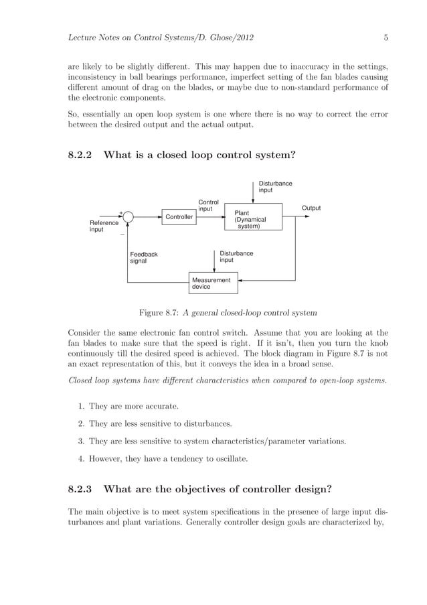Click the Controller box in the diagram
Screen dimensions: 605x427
[x=179, y=217]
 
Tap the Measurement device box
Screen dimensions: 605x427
[x=211, y=283]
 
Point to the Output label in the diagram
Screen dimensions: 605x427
[x=311, y=208]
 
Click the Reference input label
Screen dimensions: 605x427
[x=104, y=226]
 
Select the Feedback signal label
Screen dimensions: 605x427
[x=143, y=257]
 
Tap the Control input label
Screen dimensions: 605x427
[x=209, y=205]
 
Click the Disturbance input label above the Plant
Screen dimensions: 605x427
[x=275, y=186]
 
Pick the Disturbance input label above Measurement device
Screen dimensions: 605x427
[x=236, y=257]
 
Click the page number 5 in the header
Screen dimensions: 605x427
[x=386, y=38]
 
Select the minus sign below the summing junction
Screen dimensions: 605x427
[x=122, y=235]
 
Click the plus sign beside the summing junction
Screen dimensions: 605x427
[x=120, y=212]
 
